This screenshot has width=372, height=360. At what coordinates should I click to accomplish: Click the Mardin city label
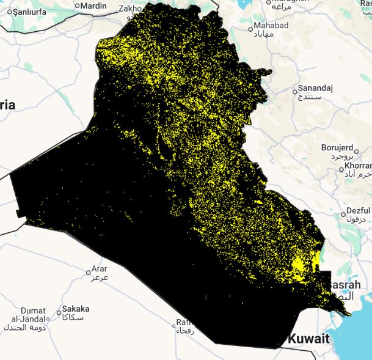(93, 6)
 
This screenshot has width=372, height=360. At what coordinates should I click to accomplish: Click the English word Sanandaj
(315, 88)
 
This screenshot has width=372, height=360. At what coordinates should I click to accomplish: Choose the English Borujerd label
(337, 147)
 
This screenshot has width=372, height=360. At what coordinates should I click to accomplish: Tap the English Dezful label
(358, 210)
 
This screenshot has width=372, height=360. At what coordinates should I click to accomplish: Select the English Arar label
(99, 269)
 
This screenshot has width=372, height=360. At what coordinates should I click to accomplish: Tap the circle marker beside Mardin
(76, 6)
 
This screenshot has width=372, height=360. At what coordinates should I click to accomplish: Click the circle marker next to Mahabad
(250, 28)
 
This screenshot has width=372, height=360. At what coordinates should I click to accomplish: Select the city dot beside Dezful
(340, 214)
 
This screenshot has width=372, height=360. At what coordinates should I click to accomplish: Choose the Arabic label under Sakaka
(76, 318)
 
